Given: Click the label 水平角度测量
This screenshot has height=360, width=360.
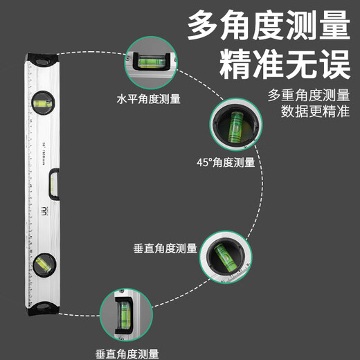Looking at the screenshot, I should click(149, 99).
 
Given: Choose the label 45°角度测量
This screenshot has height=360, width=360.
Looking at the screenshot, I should click(226, 162).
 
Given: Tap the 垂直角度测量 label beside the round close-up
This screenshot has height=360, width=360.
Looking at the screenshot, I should click(165, 248).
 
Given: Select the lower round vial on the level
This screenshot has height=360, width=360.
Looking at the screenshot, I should click(41, 263).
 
